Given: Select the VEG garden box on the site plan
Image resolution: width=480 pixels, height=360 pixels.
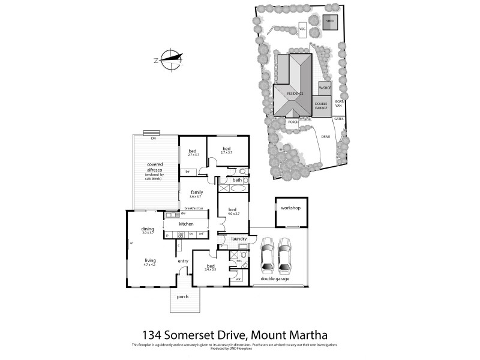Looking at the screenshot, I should click(x=303, y=28).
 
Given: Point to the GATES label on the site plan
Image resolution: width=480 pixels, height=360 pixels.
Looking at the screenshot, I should click(x=338, y=119).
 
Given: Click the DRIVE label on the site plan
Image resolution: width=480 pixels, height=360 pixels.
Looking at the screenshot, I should click(x=325, y=137).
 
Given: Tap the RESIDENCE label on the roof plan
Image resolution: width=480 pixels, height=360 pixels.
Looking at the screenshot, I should click(x=295, y=94).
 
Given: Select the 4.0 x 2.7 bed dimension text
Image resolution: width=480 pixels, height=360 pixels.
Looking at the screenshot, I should click(x=233, y=214).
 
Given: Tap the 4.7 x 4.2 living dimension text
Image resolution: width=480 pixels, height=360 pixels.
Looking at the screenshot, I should click(x=149, y=265).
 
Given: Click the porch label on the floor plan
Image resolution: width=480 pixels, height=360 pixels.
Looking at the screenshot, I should click(x=182, y=297).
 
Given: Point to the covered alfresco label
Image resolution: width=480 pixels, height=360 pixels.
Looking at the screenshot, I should click(x=155, y=166).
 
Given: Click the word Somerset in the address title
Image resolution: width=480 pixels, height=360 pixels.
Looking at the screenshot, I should click(x=203, y=334).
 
